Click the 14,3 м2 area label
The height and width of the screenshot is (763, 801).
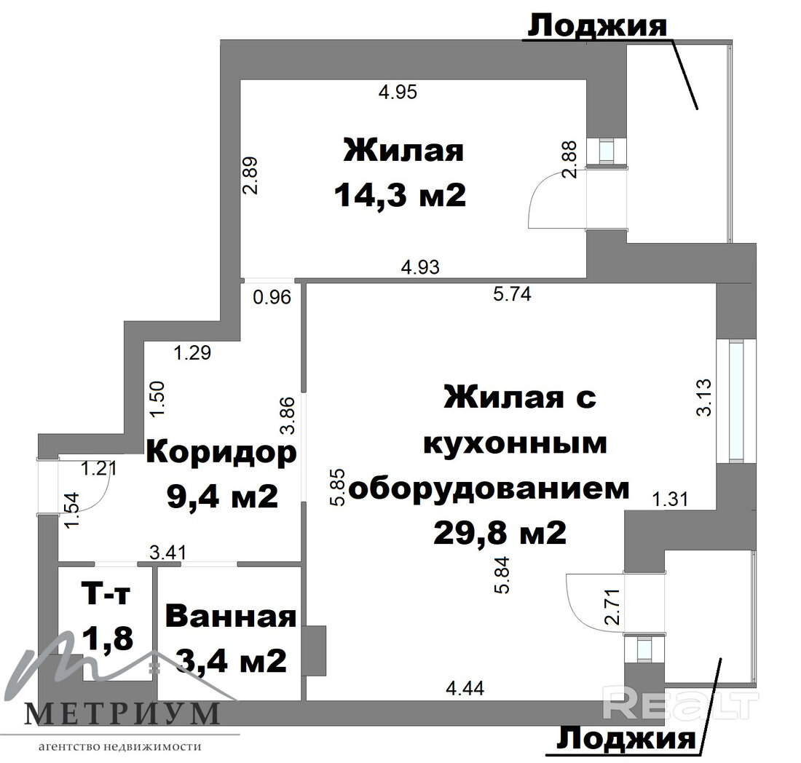[x=400, y=196]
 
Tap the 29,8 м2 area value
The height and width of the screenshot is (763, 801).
[x=500, y=533]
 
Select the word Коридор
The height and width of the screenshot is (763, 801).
[x=221, y=454]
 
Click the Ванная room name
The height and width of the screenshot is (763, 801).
[x=231, y=616]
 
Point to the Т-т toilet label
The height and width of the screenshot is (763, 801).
[x=106, y=594]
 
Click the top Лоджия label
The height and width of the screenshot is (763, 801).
[x=597, y=25]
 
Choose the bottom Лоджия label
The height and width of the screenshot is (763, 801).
[x=626, y=738]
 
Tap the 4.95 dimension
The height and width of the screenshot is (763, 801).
[x=398, y=92]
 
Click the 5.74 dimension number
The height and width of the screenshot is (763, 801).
[x=512, y=293]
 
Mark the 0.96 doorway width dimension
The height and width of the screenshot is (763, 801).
[x=272, y=297]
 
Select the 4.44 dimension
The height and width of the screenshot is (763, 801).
[x=465, y=689]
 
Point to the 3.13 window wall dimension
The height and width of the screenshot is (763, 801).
[x=703, y=398]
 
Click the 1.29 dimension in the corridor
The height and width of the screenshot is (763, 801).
[x=192, y=352]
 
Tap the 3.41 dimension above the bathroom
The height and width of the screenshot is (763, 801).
[x=167, y=552]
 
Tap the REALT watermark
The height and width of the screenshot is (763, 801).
[x=680, y=705]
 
